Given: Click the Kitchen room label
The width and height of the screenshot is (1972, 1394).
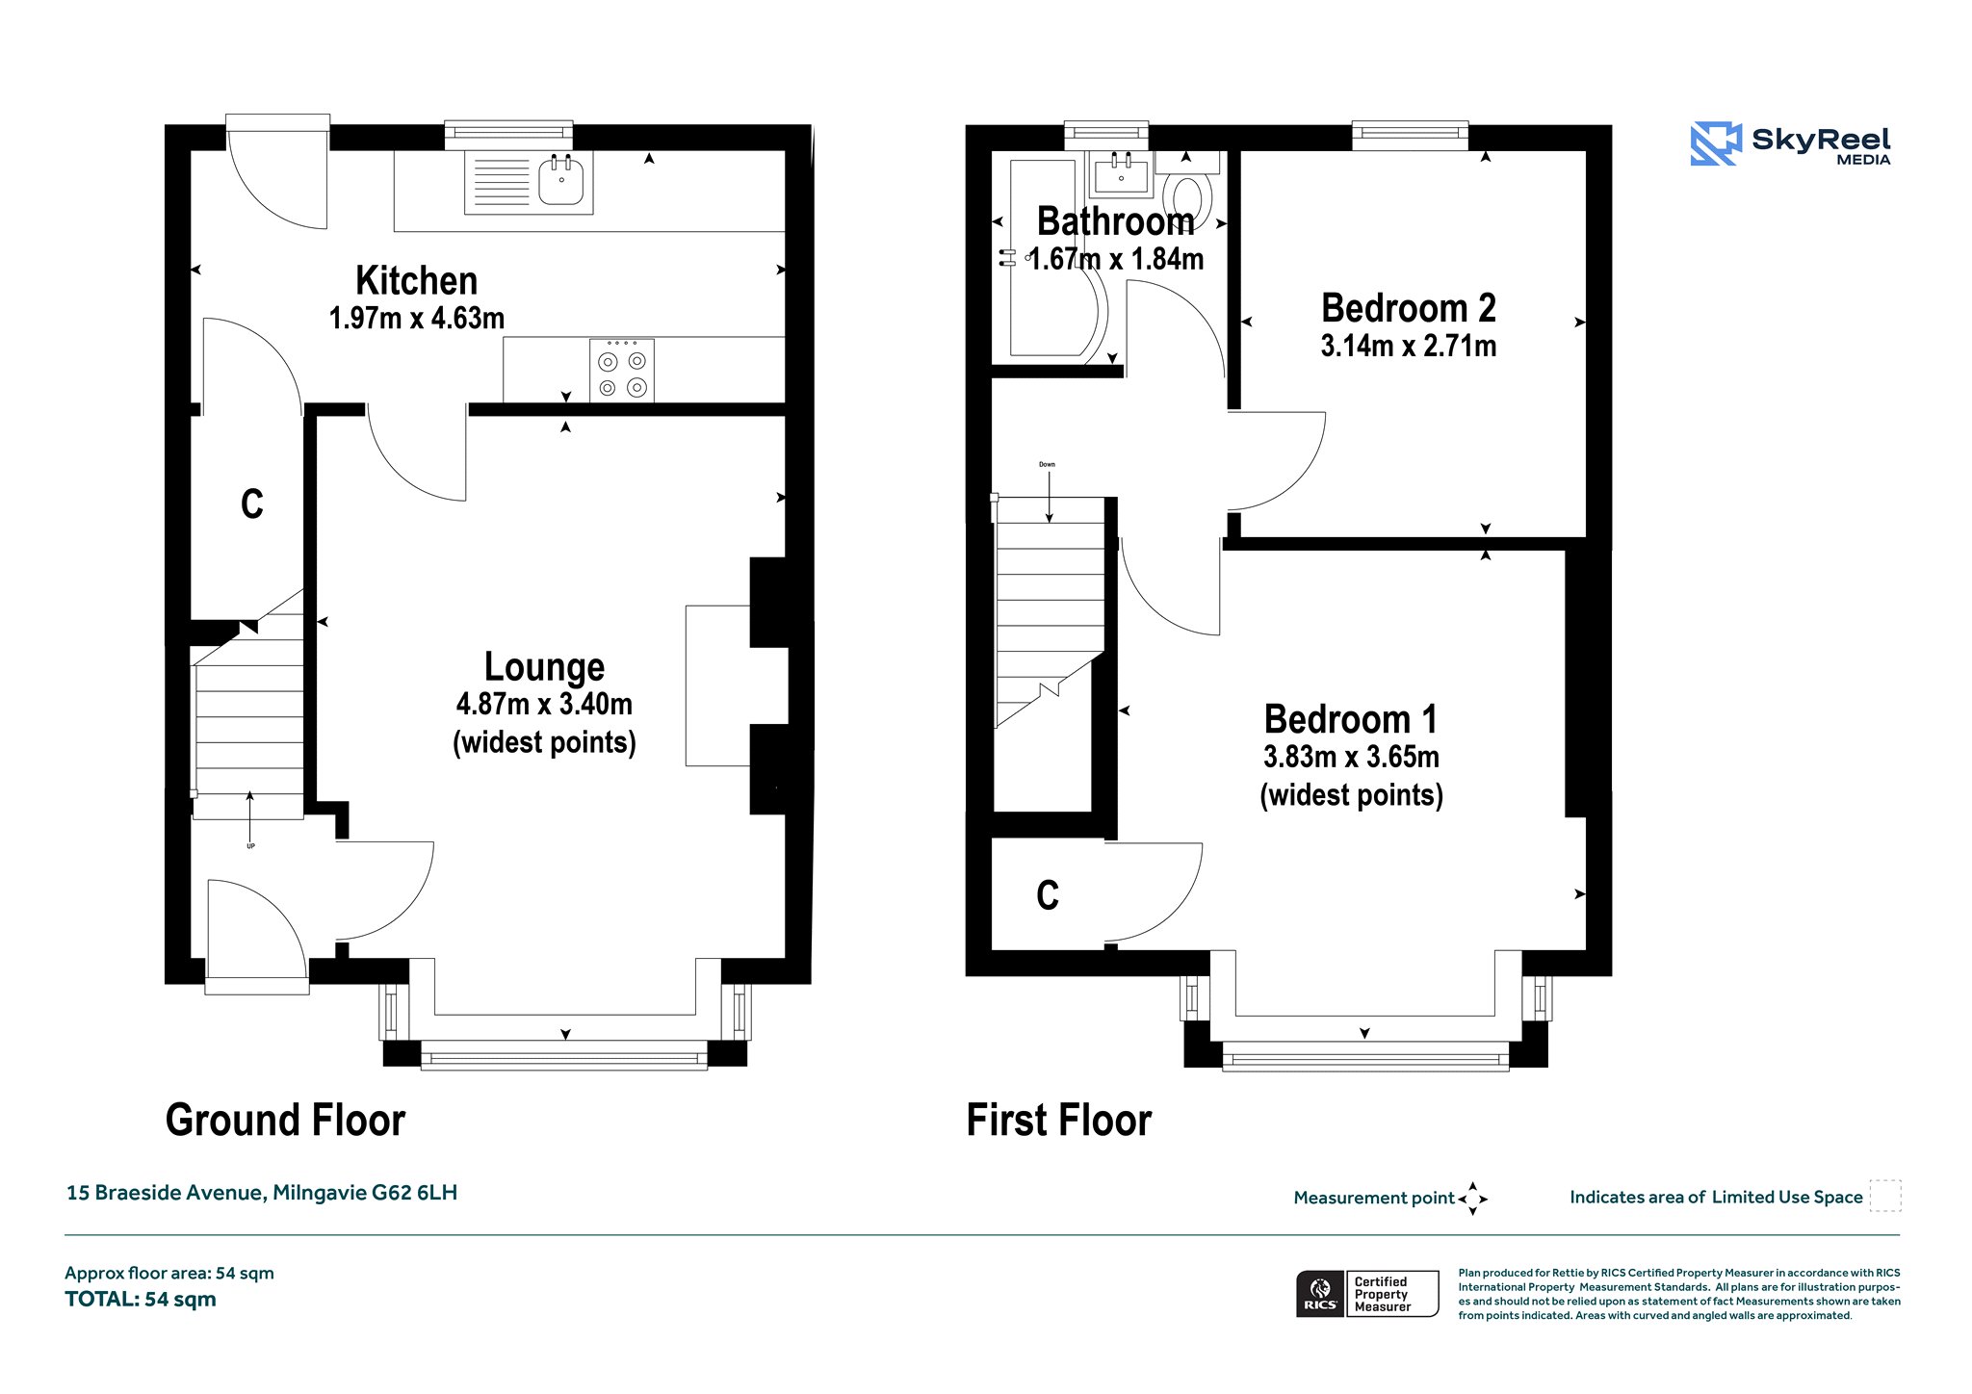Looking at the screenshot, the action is pyautogui.click(x=416, y=281).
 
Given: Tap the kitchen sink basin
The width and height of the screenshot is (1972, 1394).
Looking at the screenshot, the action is pyautogui.click(x=561, y=182).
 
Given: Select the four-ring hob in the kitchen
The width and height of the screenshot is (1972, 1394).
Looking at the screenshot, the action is pyautogui.click(x=622, y=370).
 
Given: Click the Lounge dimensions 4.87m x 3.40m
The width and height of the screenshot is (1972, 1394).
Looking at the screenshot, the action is pyautogui.click(x=544, y=704).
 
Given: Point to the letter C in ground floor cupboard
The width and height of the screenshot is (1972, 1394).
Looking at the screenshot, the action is pyautogui.click(x=252, y=503).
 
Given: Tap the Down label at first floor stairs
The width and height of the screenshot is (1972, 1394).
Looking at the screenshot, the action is pyautogui.click(x=1047, y=464).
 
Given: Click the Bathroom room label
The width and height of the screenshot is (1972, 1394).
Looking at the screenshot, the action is pyautogui.click(x=1115, y=221).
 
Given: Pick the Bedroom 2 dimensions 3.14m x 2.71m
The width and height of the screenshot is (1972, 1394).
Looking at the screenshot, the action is pyautogui.click(x=1409, y=346).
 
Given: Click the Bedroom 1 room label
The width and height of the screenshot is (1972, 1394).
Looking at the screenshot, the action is pyautogui.click(x=1351, y=719).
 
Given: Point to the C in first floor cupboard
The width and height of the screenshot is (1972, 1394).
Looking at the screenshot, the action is pyautogui.click(x=1048, y=895).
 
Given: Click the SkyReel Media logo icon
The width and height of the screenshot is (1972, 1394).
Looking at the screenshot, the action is pyautogui.click(x=1716, y=143).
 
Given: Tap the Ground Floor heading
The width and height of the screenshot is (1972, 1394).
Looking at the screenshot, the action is pyautogui.click(x=285, y=1121).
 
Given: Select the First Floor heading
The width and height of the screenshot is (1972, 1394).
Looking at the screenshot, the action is pyautogui.click(x=1058, y=1121).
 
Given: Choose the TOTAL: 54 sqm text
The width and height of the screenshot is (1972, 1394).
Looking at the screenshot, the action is pyautogui.click(x=141, y=1300).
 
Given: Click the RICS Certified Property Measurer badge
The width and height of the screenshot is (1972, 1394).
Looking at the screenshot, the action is pyautogui.click(x=1367, y=1294).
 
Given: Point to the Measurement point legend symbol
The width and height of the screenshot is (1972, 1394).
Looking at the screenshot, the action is pyautogui.click(x=1473, y=1199).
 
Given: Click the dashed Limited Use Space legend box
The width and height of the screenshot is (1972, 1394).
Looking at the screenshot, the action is pyautogui.click(x=1885, y=1196).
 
